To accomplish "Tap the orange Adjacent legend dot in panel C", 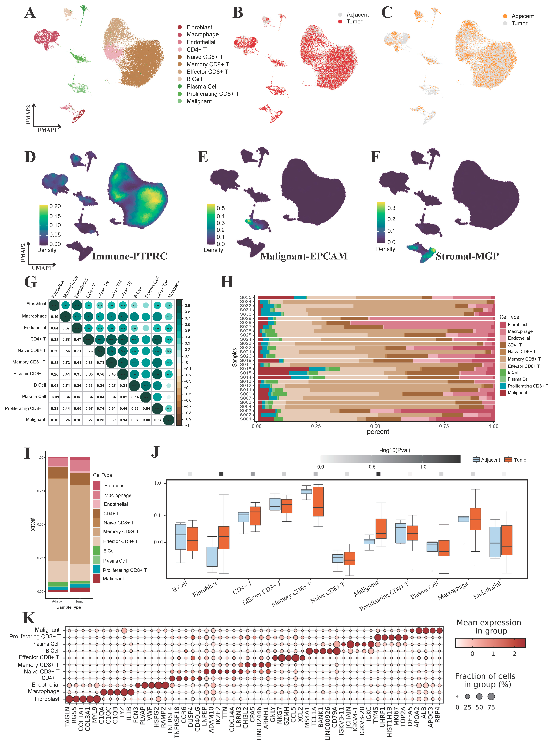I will coord(505,16).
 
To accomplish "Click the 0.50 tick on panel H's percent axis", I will coord(375,426).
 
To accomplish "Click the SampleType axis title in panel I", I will coord(69,607).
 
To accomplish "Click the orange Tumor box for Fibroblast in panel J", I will coord(224,538).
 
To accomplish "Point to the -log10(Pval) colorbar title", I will coord(395,450).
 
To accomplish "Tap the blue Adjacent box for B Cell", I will coord(180,537).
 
